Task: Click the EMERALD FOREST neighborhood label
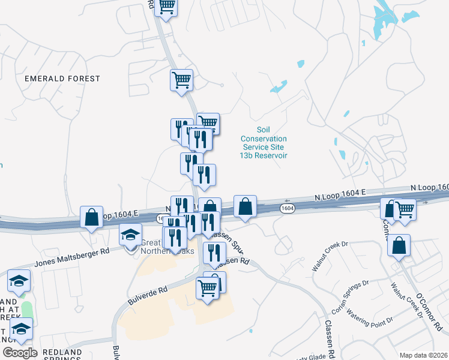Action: click(62, 79)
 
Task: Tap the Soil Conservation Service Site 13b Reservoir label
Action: click(264, 142)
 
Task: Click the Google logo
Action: click(19, 353)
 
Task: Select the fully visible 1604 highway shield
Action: click(288, 208)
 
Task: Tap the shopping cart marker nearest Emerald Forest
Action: click(181, 80)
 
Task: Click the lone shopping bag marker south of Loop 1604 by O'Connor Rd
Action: click(399, 246)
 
